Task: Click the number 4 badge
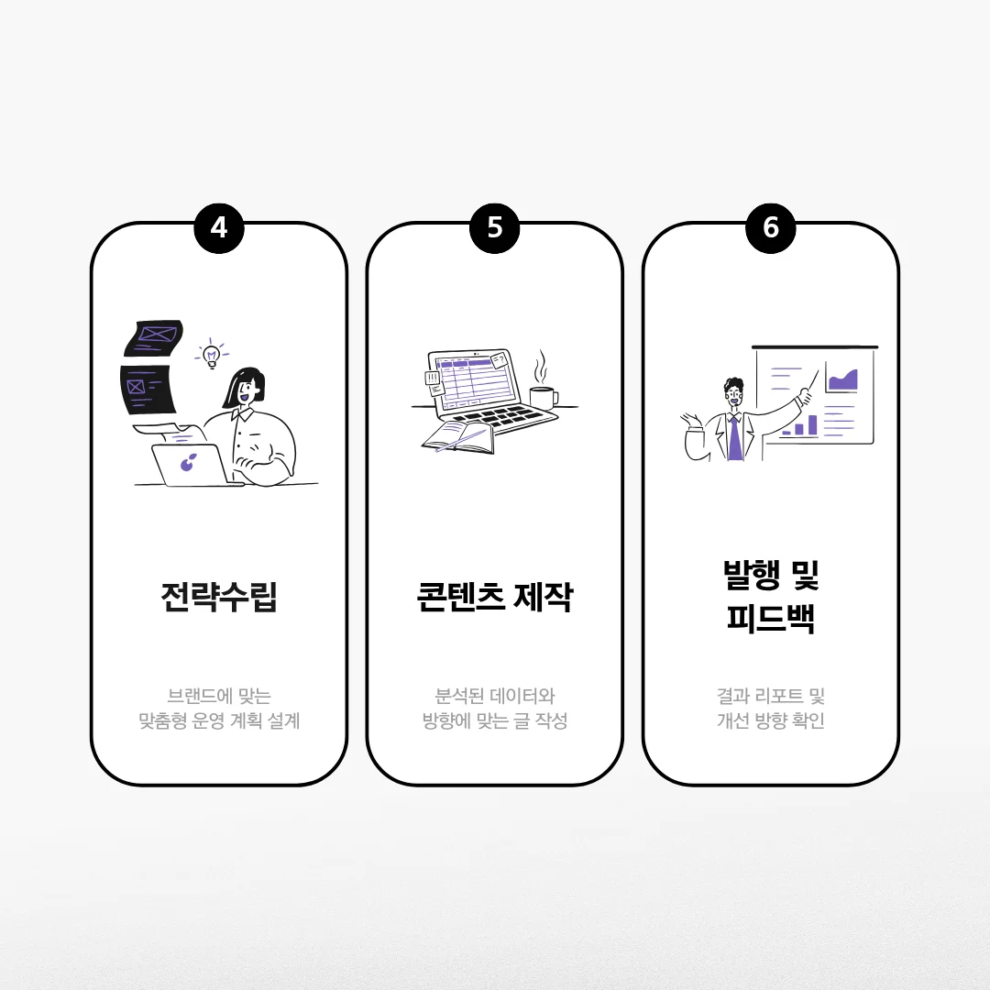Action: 219,228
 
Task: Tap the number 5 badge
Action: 494,228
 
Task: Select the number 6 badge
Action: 770,228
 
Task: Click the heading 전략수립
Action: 219,597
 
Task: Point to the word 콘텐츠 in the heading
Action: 461,597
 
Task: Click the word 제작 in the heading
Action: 544,597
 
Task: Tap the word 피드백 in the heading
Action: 770,618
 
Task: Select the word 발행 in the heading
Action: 752,575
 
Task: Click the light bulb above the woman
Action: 212,356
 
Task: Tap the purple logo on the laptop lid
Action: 188,462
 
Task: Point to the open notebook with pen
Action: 458,437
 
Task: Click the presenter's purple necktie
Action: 735,437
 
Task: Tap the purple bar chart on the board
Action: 799,427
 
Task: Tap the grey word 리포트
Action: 779,696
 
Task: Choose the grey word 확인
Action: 808,720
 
